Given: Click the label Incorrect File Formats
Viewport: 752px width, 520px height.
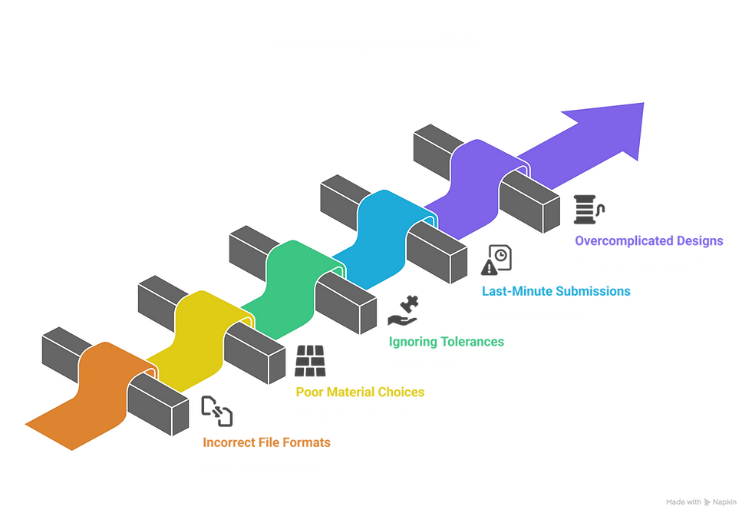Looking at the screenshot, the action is click(x=267, y=442).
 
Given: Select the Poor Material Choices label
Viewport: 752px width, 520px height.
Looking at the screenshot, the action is click(x=360, y=392).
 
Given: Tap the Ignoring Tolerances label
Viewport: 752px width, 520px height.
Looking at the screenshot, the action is click(x=447, y=342).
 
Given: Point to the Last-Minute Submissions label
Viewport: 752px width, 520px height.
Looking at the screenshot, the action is click(x=556, y=291).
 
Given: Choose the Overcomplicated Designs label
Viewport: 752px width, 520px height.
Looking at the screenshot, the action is click(x=649, y=240).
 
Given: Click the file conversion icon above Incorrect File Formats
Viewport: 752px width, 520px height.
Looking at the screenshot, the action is click(x=217, y=412).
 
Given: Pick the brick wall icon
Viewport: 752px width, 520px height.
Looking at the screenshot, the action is click(x=310, y=360).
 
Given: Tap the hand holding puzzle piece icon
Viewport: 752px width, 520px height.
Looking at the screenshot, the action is click(x=404, y=310).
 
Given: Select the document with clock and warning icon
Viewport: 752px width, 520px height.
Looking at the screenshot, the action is click(x=496, y=260).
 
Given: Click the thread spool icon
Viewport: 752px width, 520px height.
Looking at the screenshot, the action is click(x=589, y=210).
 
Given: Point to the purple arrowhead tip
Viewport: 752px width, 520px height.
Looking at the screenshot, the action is click(x=644, y=103).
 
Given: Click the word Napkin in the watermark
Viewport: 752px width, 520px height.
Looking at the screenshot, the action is click(x=724, y=502).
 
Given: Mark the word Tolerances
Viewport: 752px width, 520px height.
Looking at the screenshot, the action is click(x=473, y=342).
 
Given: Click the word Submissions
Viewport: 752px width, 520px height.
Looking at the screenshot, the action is click(x=593, y=291).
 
